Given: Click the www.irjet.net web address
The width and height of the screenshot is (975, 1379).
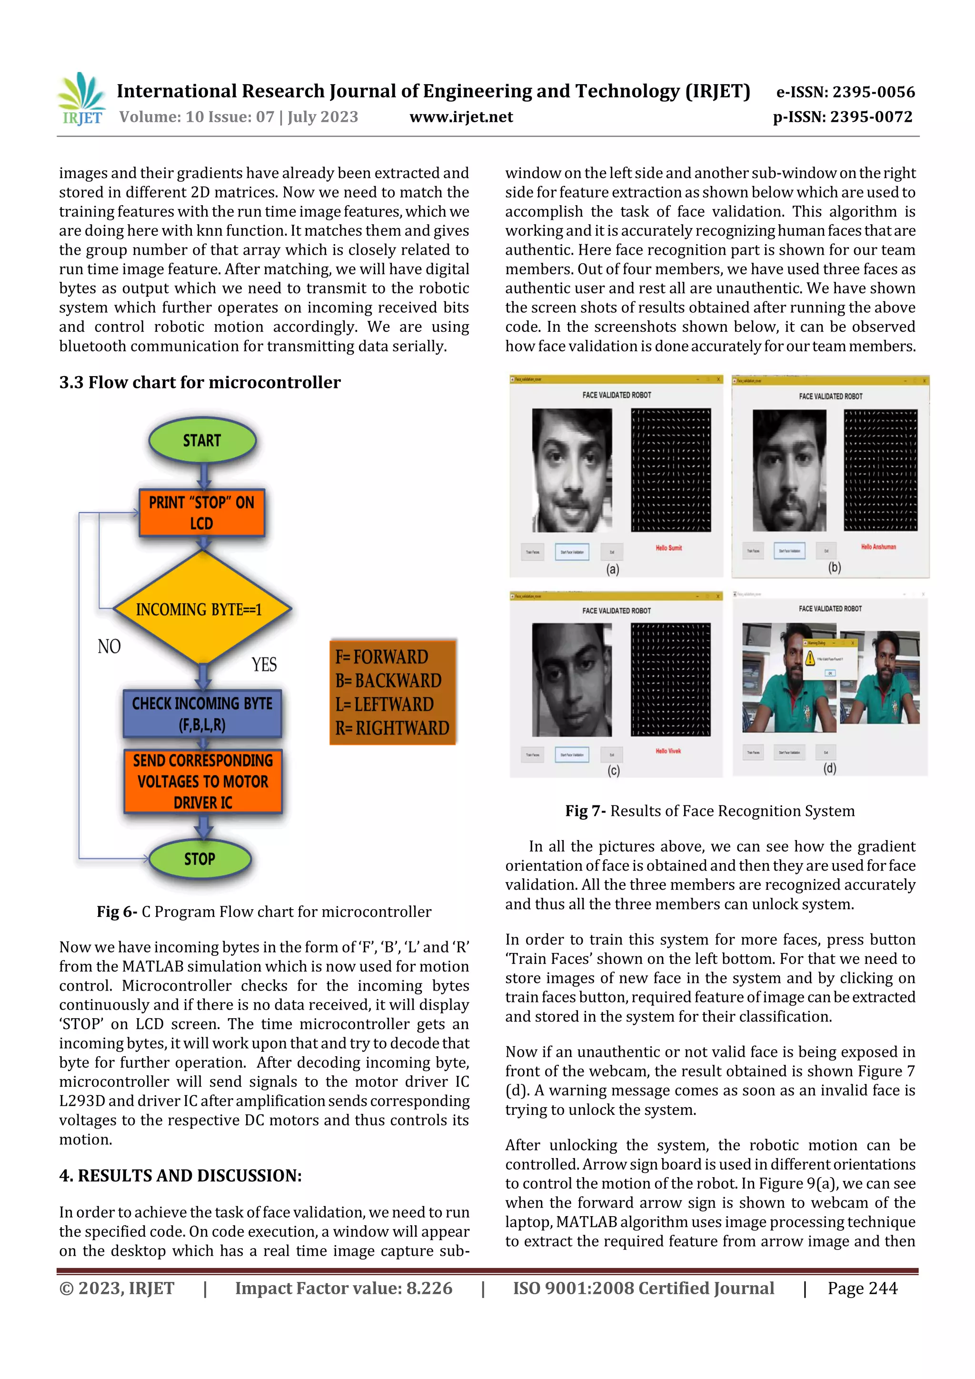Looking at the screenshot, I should tap(461, 117).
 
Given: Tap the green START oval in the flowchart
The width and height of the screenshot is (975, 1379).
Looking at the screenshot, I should tap(202, 440).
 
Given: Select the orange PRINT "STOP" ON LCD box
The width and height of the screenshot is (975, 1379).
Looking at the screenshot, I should tap(202, 512).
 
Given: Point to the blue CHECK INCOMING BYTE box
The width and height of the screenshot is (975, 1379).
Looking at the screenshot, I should tap(202, 714).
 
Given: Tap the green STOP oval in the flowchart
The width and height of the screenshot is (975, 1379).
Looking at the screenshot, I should tap(199, 859).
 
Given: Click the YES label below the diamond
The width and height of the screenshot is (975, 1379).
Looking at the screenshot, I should tap(264, 665).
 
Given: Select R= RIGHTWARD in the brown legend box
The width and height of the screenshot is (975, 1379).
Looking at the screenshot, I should tap(392, 728).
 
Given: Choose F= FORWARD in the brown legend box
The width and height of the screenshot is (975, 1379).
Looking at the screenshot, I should tap(381, 656).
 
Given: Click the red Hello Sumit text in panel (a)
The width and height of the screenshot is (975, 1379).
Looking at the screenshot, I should tap(668, 548).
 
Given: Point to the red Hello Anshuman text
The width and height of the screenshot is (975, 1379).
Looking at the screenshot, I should tap(878, 546).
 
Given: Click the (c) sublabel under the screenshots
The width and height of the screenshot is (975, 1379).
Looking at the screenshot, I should tap(613, 771).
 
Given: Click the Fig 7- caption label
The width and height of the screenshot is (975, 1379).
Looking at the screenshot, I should tap(585, 811).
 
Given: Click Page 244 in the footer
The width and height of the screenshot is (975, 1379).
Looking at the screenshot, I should tap(862, 1288).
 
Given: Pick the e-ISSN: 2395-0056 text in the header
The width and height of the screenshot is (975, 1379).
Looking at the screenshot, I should tap(845, 92).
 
